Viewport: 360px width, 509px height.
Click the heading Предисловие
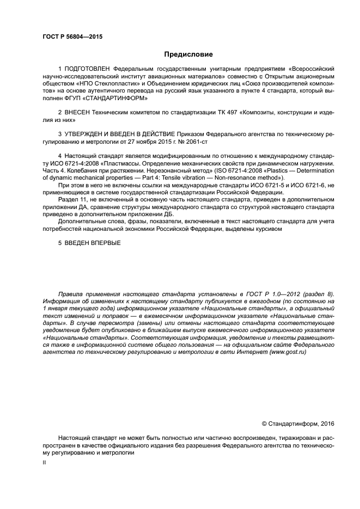pos(188,54)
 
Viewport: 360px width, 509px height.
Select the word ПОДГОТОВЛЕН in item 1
pos(88,70)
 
